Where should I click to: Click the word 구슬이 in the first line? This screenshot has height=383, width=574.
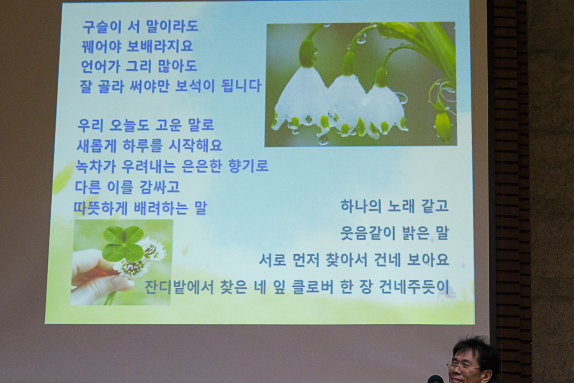coord(102,26)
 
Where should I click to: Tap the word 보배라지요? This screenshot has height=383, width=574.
coord(160,46)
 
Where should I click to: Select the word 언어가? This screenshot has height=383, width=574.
coord(100,66)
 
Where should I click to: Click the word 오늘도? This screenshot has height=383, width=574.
coord(129,125)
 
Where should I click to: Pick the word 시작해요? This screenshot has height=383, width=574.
coord(195,146)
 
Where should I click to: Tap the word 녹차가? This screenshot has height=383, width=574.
coord(95,166)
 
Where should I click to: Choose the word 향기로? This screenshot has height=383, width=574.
coord(248,166)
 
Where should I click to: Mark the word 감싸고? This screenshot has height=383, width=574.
coord(160,187)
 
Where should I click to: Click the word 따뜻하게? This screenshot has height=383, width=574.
coord(100,208)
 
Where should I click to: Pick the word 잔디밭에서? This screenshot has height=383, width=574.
coord(179,287)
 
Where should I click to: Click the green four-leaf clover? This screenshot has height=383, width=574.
coord(123,244)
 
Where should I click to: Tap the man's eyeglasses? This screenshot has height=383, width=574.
coord(463,366)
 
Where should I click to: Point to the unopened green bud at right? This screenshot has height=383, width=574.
coord(443,127)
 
